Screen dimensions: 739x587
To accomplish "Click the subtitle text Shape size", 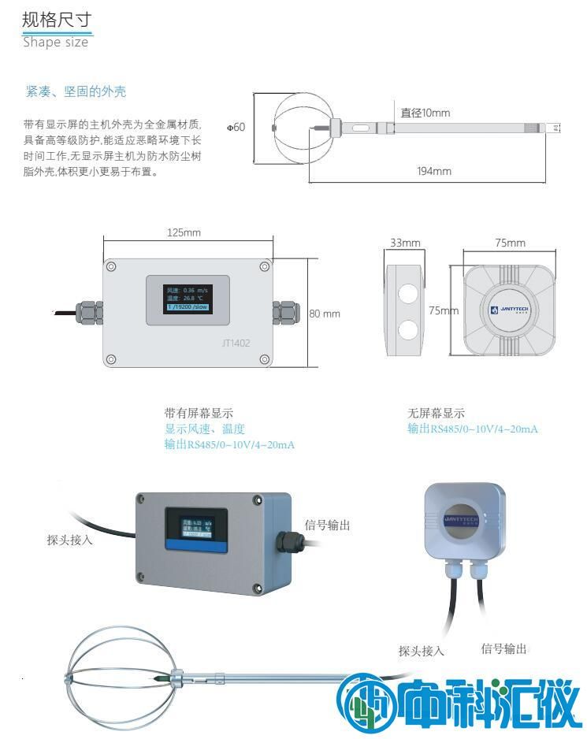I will tap(55, 43).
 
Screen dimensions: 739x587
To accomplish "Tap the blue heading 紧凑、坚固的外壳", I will tap(76, 92).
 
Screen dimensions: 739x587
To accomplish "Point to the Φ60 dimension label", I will tap(236, 127).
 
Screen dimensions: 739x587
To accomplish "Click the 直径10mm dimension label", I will tap(425, 113).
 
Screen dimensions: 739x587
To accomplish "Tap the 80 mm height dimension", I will tap(324, 314).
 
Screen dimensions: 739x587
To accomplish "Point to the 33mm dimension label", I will tap(405, 243).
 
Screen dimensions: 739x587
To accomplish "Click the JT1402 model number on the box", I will tap(237, 343).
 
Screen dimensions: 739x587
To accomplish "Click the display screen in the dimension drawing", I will tap(187, 299).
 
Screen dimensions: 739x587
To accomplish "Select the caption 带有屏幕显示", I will tap(199, 413).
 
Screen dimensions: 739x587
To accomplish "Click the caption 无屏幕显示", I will tap(436, 413).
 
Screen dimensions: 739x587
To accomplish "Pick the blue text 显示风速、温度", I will tap(205, 429).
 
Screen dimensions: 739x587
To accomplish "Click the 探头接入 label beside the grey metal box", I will tap(69, 540).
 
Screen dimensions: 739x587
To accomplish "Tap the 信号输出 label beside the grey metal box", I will tap(327, 525).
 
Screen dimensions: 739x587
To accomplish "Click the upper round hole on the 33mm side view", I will tap(407, 292).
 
